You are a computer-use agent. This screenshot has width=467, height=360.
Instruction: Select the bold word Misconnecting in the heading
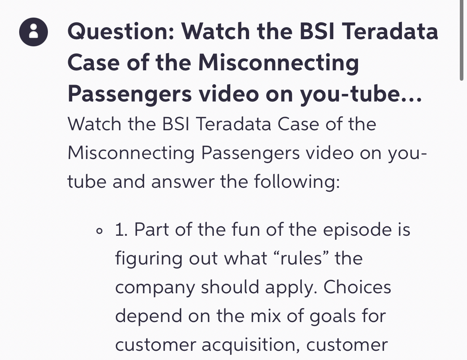coord(278,63)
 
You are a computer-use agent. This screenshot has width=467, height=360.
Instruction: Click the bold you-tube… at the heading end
coord(361,94)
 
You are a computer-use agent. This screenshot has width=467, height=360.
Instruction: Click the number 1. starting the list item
coord(122,230)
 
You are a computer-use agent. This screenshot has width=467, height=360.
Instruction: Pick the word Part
coord(151,230)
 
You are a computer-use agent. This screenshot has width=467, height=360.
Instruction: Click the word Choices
coord(357,287)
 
